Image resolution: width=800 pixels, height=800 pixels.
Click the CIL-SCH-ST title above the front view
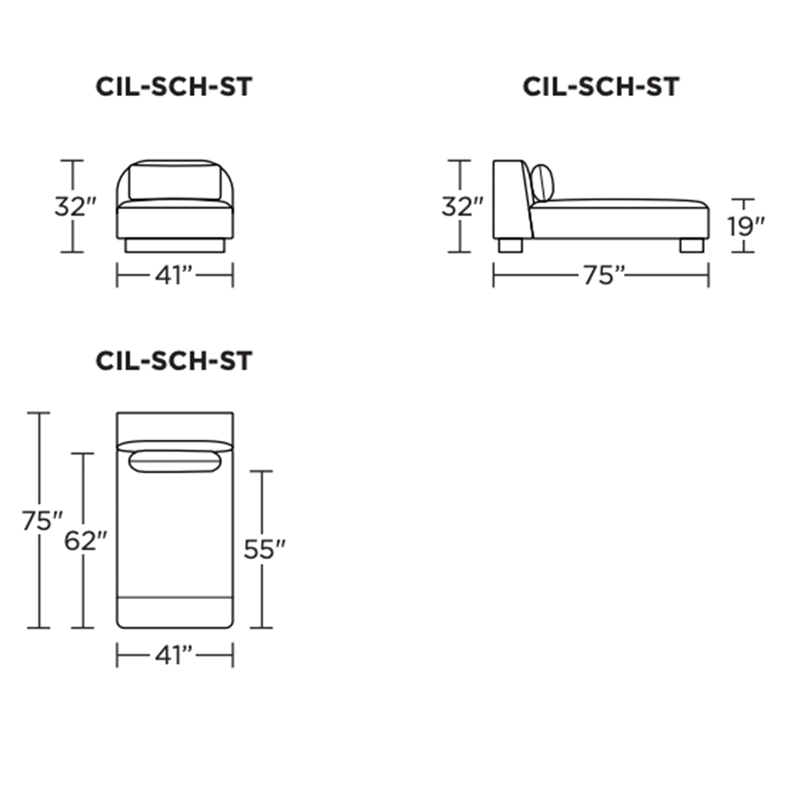174,87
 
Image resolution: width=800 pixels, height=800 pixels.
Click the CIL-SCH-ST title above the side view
601,87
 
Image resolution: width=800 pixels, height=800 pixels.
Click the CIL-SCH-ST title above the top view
174,361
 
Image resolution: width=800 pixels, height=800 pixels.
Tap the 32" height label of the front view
75,206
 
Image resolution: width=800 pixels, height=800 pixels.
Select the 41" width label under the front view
174,276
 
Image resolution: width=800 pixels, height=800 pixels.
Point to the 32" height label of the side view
462,206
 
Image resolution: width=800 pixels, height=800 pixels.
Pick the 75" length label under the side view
604,276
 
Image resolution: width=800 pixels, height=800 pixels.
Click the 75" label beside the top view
42,521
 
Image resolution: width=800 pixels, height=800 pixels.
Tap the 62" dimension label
86,541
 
